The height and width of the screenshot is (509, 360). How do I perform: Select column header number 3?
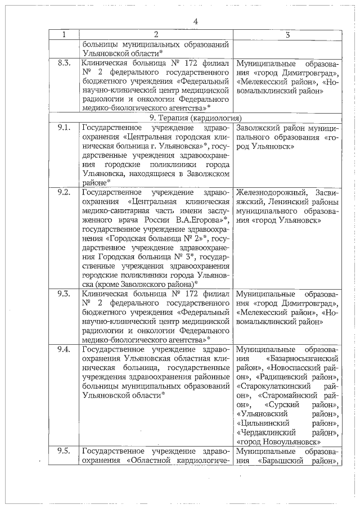click(x=287, y=35)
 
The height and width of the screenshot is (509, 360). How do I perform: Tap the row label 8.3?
click(x=64, y=63)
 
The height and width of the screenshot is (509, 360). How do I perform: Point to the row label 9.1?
click(x=64, y=128)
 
